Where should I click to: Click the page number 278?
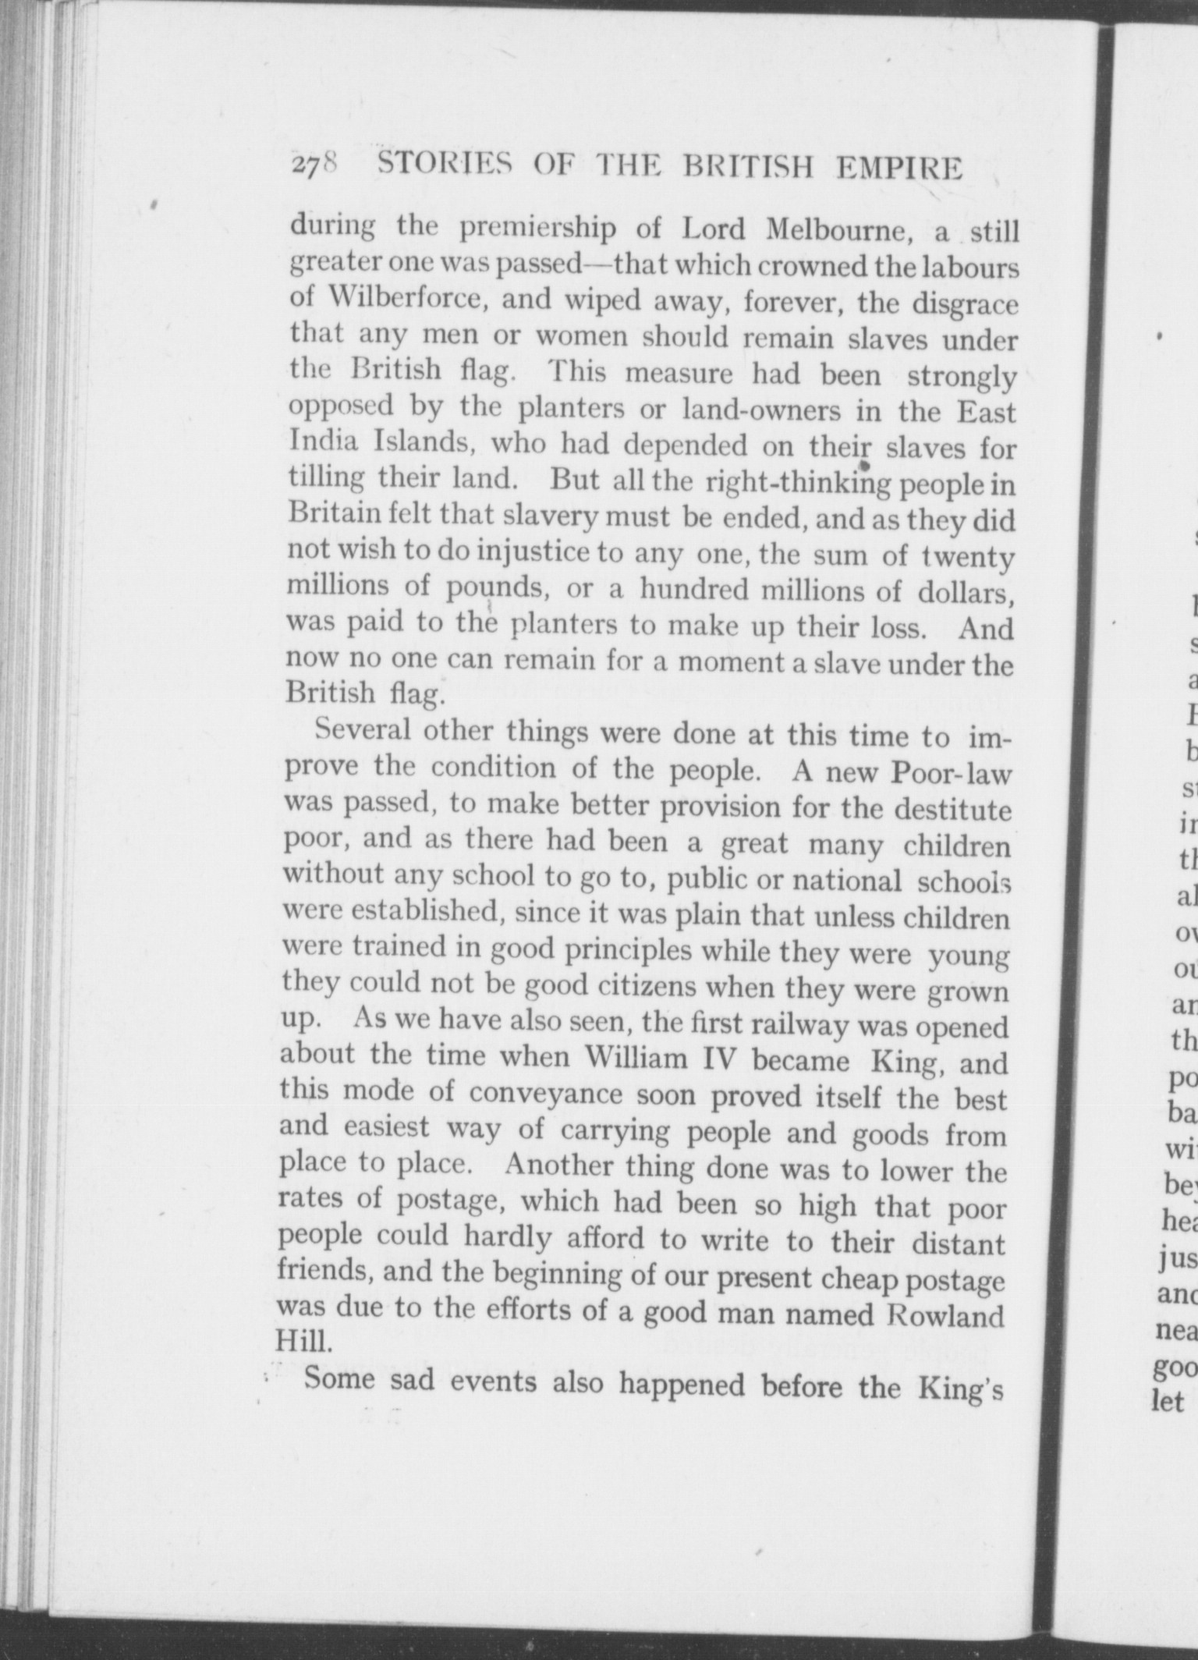point(314,168)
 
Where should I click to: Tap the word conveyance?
point(545,1093)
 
